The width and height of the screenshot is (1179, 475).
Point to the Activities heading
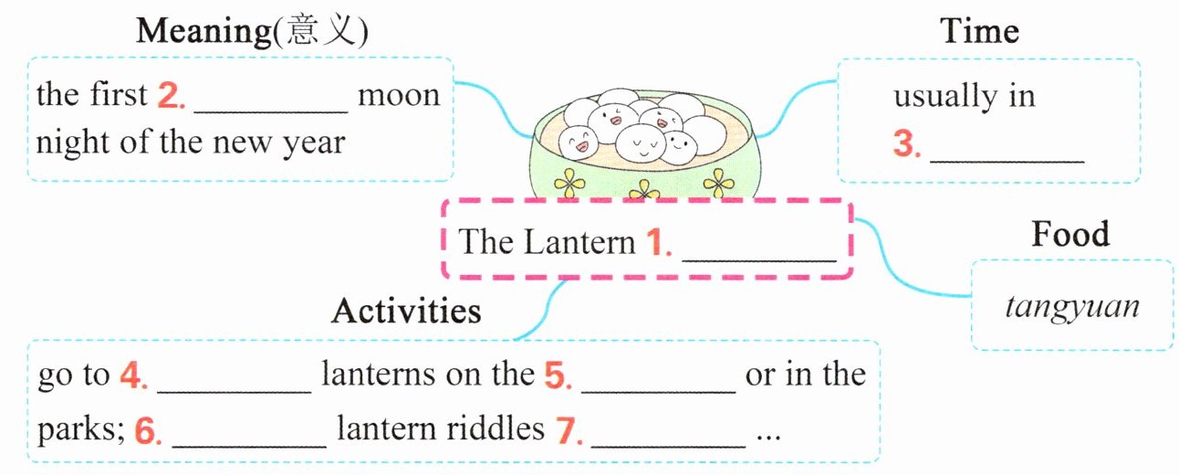(406, 311)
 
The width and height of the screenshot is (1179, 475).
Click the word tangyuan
(1072, 306)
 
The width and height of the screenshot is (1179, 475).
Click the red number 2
(170, 95)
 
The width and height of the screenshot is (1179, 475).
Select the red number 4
(132, 375)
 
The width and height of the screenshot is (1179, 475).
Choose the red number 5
(556, 375)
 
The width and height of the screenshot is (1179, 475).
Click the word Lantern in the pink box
(579, 242)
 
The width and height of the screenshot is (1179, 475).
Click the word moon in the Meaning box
(398, 95)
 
